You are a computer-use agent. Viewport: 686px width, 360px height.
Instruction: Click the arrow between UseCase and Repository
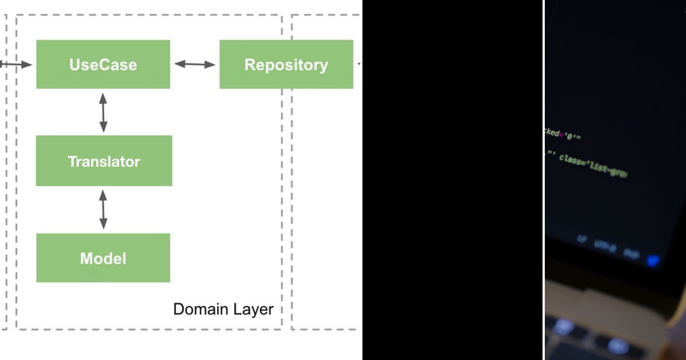coord(195,64)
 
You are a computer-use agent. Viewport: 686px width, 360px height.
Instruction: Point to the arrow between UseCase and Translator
coord(103,112)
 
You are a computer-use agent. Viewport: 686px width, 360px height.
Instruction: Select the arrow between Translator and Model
coord(103,210)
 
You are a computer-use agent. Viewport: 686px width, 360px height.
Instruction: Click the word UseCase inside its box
coord(103,65)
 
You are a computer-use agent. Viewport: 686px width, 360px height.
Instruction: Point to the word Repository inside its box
coord(286,65)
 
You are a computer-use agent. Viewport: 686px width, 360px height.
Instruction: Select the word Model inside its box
coord(103,258)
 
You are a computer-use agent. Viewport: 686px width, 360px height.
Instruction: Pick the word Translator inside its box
coord(103,162)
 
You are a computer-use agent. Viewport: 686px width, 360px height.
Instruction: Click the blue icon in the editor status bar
coord(652,260)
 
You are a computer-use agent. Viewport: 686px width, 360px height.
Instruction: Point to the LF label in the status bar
coord(581,240)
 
